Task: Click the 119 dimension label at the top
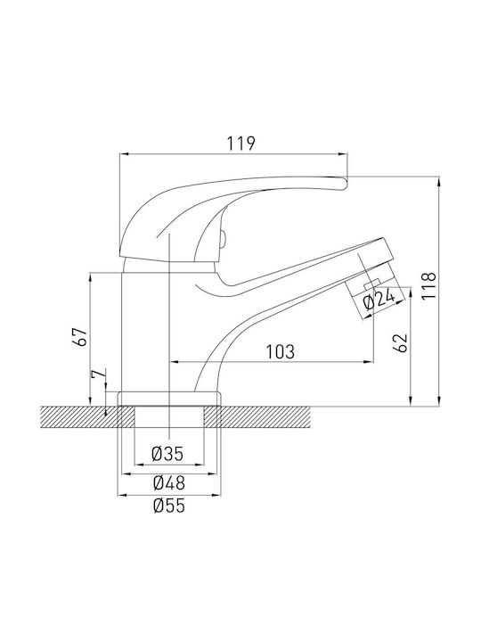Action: coord(241,143)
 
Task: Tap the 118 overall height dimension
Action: coord(429,286)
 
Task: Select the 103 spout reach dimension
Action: coord(281,351)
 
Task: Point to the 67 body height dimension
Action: coord(83,337)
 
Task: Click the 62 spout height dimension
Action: coord(401,342)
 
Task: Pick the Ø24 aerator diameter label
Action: coord(379,301)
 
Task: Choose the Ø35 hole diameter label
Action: coord(167,454)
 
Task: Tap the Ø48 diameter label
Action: coord(169,482)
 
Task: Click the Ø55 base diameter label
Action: coord(169,506)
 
